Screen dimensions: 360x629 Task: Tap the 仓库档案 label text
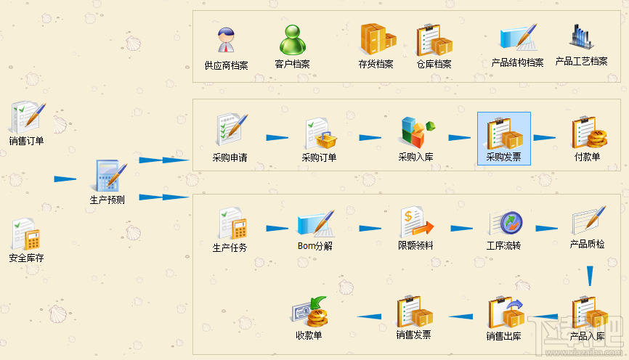click(434, 64)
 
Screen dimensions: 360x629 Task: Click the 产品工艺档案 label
click(581, 62)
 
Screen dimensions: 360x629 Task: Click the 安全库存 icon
click(26, 234)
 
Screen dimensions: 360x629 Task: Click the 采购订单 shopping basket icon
click(320, 134)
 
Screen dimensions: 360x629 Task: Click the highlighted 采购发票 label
click(503, 157)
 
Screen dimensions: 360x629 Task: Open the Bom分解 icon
click(315, 224)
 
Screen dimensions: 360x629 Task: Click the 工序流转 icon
click(503, 223)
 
